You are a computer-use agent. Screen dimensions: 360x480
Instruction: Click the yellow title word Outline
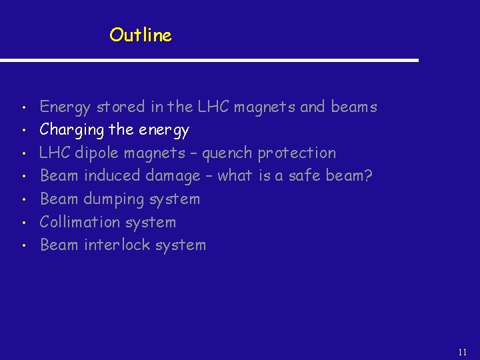pos(141,35)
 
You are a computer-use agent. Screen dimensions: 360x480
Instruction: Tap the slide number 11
pos(463,351)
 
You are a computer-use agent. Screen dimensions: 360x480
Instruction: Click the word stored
pos(121,107)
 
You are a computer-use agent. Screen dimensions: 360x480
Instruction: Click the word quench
pos(227,153)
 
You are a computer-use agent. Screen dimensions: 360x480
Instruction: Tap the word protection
pos(297,153)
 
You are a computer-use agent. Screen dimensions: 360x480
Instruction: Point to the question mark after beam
pos(368,175)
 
